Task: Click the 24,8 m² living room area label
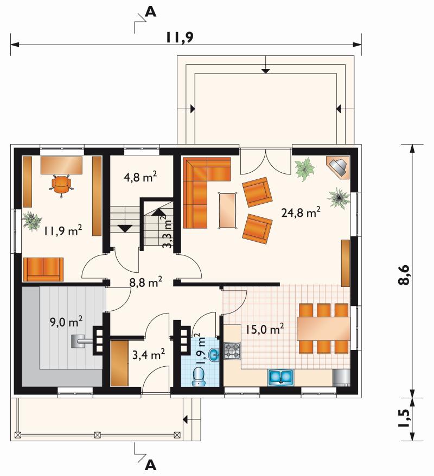coord(301,212)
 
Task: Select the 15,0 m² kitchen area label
coord(265,329)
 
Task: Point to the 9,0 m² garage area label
coord(66,322)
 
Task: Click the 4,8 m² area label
coord(140,177)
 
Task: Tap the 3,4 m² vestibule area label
coord(149,354)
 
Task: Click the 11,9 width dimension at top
coord(179,37)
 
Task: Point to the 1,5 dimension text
coord(404,418)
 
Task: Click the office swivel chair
coord(61,185)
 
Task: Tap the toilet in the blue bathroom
coord(199,377)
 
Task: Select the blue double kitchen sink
coord(280,378)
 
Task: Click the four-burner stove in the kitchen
coord(232,351)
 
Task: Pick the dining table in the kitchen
coord(323,328)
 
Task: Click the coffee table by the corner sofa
coord(227,210)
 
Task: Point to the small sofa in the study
coord(43,270)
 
